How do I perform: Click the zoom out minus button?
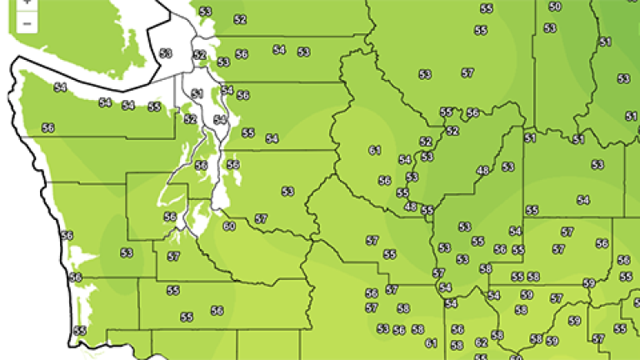click(27, 22)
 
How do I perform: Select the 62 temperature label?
click(481, 342)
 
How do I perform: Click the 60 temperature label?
click(229, 226)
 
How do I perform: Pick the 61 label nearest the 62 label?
click(431, 342)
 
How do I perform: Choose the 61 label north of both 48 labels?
click(374, 150)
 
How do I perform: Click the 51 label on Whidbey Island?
click(197, 93)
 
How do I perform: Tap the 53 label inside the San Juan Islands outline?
click(165, 53)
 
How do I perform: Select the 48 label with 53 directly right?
click(482, 171)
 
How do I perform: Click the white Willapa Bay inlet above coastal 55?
click(80, 312)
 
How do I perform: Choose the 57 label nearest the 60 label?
click(261, 218)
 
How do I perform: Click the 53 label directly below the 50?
click(550, 28)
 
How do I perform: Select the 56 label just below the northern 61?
click(384, 180)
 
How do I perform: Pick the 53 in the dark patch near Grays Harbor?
click(127, 252)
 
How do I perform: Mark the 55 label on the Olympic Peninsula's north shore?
click(154, 107)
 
